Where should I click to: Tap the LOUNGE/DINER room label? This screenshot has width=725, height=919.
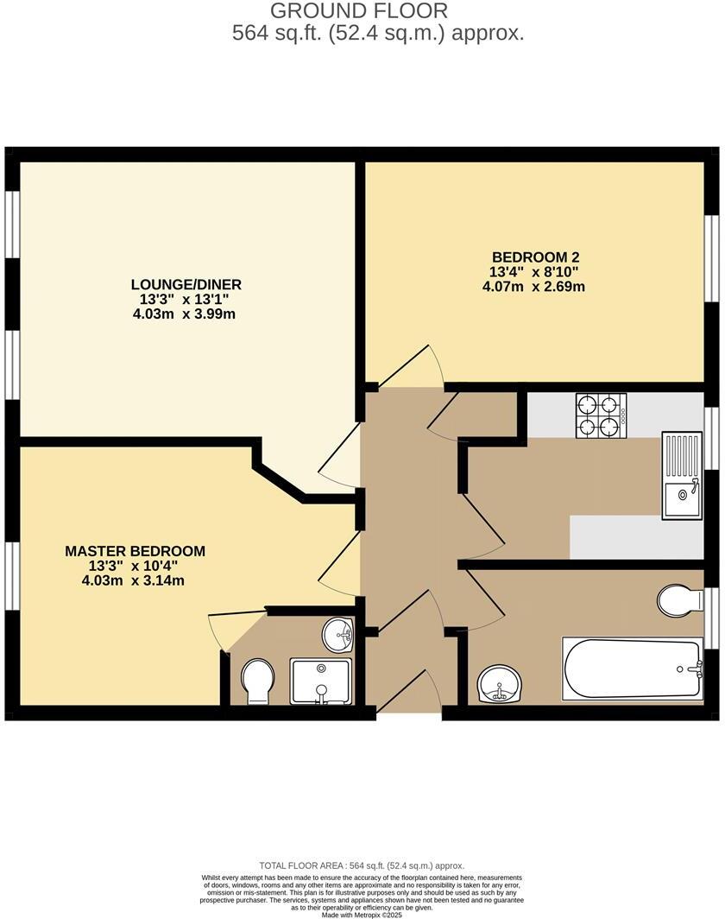(186, 284)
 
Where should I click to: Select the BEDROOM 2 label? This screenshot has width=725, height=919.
(534, 257)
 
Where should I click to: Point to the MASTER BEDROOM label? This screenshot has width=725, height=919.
(136, 551)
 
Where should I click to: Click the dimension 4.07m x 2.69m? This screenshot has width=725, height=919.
(534, 286)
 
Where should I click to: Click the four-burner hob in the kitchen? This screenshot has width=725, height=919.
(601, 415)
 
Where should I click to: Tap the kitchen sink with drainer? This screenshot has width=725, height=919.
(682, 476)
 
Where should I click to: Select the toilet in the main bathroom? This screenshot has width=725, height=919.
(680, 599)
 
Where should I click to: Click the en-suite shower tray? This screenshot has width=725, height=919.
(321, 681)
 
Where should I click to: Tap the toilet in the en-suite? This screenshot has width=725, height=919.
(256, 681)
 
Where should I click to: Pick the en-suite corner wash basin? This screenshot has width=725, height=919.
(339, 635)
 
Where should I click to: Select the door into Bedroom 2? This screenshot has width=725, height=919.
(413, 367)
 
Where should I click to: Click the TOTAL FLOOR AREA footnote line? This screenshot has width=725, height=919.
(362, 865)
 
